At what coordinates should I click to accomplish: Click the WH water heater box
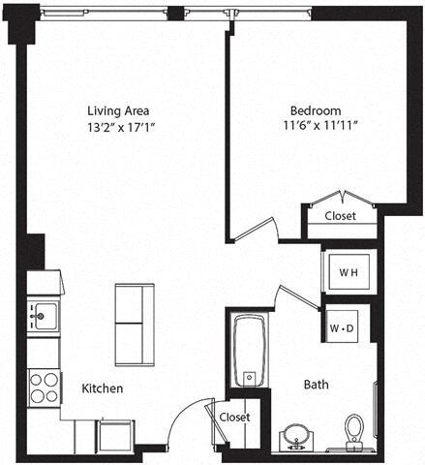347,272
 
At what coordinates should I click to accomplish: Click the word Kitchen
102,388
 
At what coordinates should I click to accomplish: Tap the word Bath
316,385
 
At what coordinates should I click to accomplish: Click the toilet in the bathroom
354,429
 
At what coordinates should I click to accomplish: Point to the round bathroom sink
295,434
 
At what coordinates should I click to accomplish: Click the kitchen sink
43,313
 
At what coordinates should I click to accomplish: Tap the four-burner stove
44,386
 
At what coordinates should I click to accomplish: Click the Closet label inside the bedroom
340,216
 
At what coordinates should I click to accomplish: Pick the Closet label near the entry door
233,418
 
